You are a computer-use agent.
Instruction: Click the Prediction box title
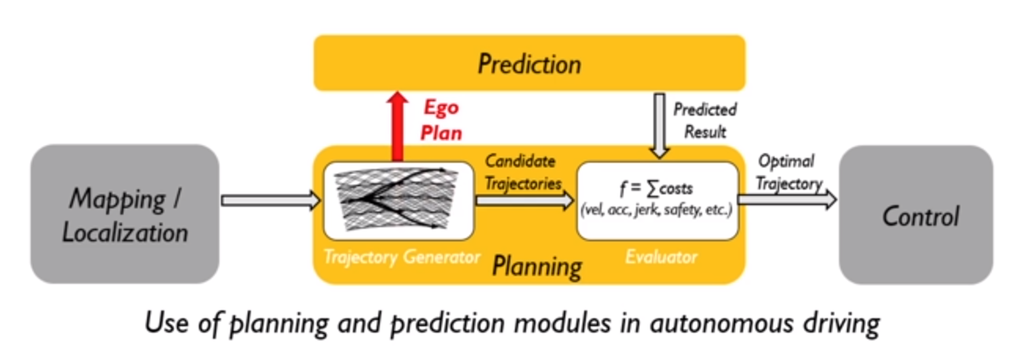tap(529, 64)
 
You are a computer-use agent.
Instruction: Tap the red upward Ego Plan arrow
tap(398, 126)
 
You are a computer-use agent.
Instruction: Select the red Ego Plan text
tap(440, 119)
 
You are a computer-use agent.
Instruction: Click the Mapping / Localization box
tap(125, 213)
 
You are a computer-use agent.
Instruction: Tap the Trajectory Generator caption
tap(401, 256)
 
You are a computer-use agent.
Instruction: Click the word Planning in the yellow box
tap(537, 266)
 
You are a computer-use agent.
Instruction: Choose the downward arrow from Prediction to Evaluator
tap(660, 125)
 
